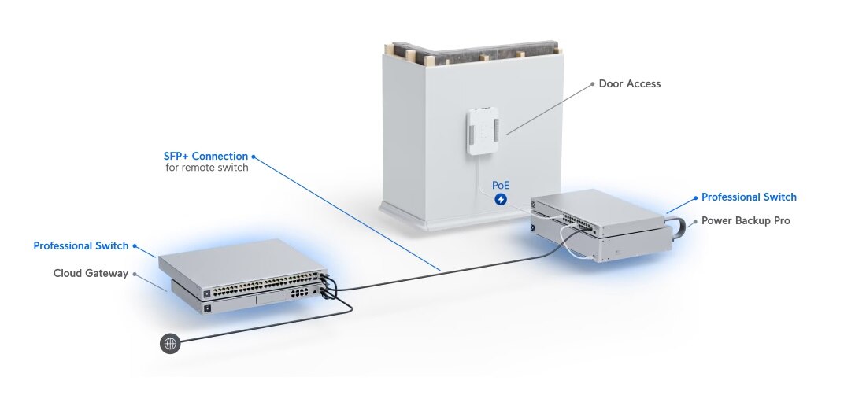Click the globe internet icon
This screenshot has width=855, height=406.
pos(170,343)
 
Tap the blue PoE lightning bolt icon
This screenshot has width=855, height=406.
pos(501,200)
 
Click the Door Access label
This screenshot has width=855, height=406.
pos(629,83)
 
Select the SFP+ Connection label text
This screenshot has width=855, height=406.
pos(205,156)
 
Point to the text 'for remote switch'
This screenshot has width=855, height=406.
pos(207,168)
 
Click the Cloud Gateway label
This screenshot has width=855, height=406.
pos(91,273)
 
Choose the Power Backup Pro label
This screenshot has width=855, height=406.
pos(746,221)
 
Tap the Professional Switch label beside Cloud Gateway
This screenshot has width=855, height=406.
pos(80,245)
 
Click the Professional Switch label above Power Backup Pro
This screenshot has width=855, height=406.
pos(749,197)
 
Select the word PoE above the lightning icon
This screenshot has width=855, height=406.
pos(501,185)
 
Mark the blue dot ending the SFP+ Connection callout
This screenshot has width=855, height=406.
pos(254,156)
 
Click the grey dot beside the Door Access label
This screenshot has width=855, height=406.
pos(591,83)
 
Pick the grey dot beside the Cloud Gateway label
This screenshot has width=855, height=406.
pos(135,273)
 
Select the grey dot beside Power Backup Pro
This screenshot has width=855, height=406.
pos(694,221)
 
